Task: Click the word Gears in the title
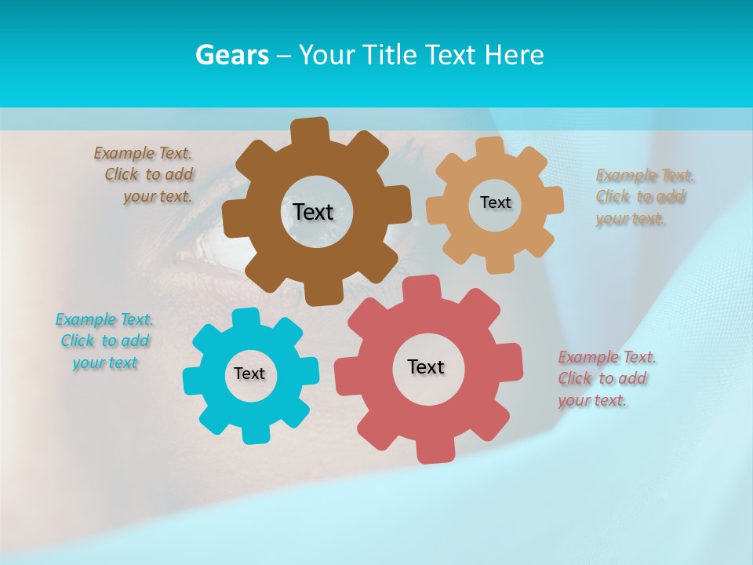coord(231,55)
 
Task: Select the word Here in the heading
coord(514,55)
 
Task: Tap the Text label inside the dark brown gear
coord(313,212)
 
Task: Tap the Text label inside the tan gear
coord(495,202)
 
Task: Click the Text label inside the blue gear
coord(249,374)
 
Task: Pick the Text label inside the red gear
coord(426,366)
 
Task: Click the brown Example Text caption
coord(144,175)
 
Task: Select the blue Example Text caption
coord(105,341)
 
